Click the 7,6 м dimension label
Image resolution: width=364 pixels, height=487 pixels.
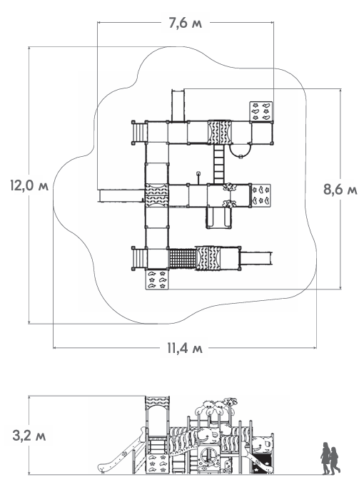186,24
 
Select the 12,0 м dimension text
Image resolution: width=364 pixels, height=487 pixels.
29,186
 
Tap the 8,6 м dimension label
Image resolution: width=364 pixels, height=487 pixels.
340,189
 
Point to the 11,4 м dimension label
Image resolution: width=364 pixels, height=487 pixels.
185,348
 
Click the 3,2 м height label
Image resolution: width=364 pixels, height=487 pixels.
29,436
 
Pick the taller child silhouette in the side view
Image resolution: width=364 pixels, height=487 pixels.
325,458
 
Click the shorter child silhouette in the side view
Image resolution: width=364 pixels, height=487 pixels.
335,461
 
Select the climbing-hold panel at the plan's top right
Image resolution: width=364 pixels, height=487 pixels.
261,111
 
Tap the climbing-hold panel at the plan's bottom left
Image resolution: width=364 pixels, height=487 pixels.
157,280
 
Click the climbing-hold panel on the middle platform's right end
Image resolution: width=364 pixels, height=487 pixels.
261,195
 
